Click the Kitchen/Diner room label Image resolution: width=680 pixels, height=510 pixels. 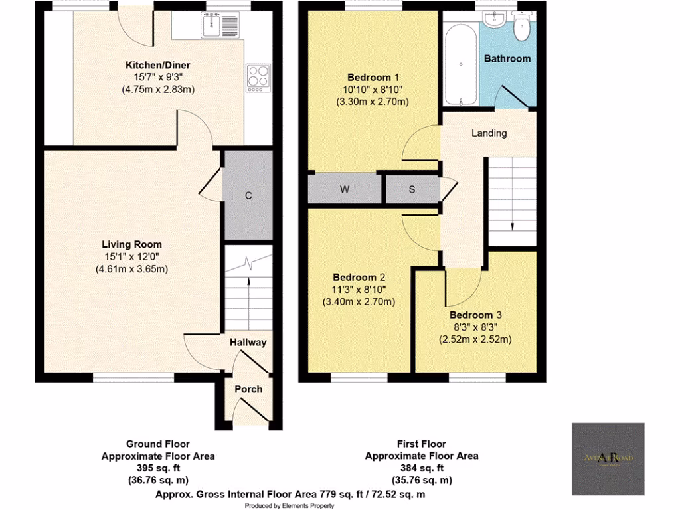point(158,65)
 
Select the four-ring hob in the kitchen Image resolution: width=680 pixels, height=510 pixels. point(257,77)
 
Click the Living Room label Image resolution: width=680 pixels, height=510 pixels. point(131,244)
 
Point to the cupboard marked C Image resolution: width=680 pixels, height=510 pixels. point(248,195)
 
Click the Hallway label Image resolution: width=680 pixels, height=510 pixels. point(248,343)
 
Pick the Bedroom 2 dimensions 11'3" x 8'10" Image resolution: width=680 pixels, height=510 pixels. point(359,290)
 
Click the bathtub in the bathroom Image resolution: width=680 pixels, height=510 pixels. point(461,64)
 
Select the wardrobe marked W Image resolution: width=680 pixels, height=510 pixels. point(345,189)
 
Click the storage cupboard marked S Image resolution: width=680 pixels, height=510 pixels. point(412,189)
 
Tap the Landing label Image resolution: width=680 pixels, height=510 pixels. point(489,133)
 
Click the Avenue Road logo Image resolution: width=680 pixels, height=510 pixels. point(608,459)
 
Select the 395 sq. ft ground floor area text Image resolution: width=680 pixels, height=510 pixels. point(158,468)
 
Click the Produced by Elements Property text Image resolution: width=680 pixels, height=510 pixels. point(290,505)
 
